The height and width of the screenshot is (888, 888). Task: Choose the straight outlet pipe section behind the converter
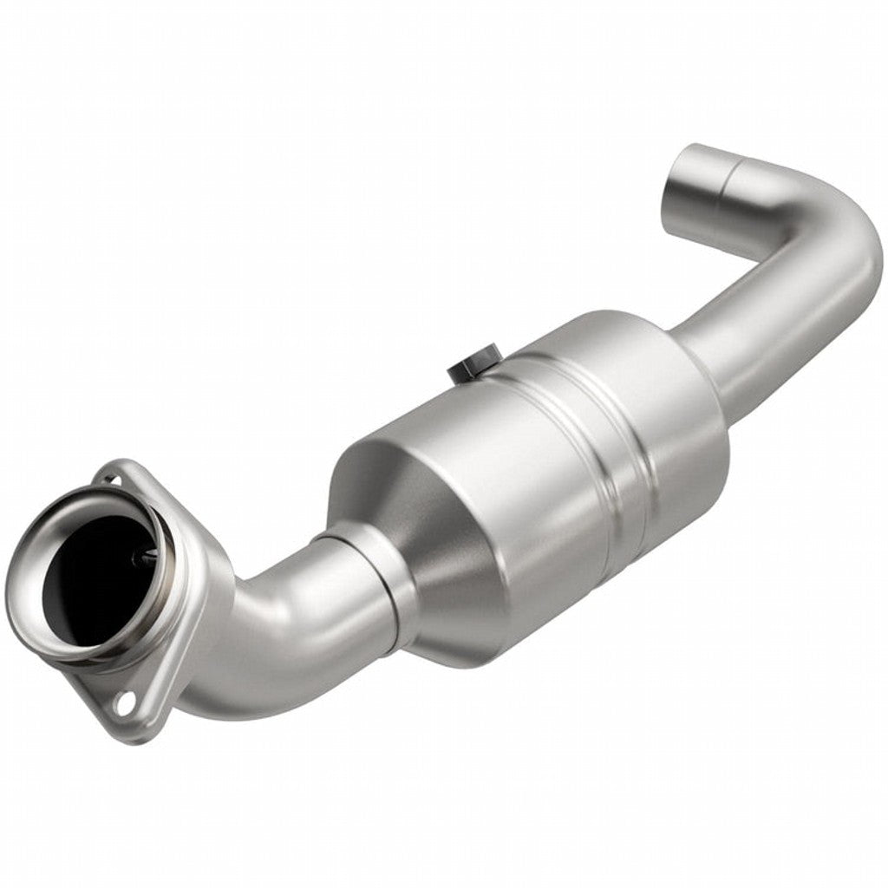tap(763, 330)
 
